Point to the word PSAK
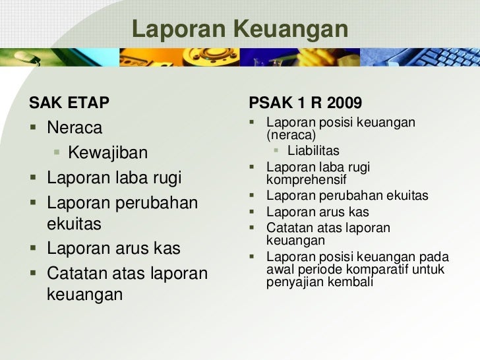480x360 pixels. click(x=268, y=104)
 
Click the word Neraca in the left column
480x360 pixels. click(x=75, y=127)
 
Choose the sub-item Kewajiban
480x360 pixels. click(x=108, y=154)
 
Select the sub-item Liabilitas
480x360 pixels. click(x=313, y=151)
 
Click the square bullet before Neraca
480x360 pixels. click(x=33, y=127)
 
